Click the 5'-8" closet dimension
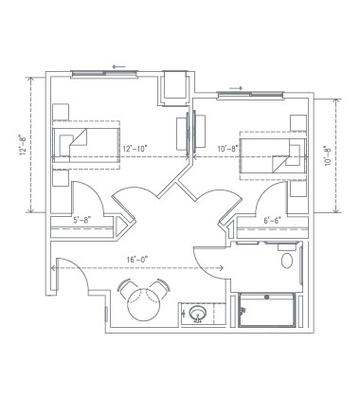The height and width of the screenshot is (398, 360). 83,223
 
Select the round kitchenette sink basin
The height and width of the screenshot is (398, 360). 198,311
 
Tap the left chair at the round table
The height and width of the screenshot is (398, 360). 129,287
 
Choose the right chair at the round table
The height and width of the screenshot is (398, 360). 156,287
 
